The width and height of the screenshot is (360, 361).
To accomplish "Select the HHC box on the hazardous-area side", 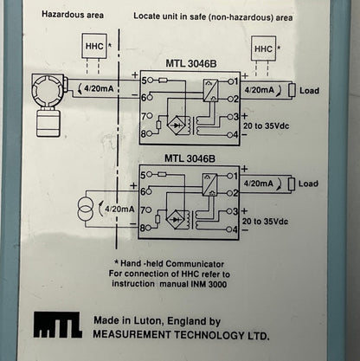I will pos(93,45).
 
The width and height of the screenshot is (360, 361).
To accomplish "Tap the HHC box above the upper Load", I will pos(263,49).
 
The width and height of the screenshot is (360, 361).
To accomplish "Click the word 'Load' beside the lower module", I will pos(307,184).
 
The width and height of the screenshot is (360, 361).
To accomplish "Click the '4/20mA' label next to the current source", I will pos(119,209).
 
